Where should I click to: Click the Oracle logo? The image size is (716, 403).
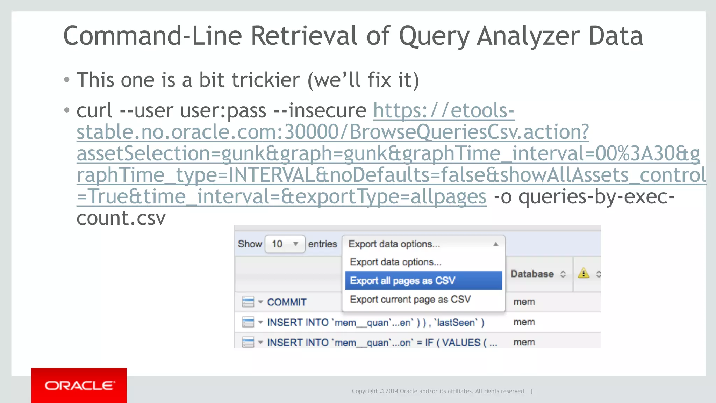pos(79,386)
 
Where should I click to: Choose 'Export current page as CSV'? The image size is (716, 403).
pos(410,300)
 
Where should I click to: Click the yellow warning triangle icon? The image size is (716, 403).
pos(583,273)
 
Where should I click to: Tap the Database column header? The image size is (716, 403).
pos(532,274)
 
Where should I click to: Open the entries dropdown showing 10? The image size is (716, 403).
pos(285,244)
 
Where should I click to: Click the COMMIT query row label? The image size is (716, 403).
pos(287,302)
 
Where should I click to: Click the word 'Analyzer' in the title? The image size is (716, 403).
pos(528,36)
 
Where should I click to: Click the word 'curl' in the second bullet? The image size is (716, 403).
pos(94,110)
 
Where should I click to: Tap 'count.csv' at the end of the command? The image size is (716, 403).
pos(121,218)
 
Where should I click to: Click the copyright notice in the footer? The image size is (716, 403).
pos(438,391)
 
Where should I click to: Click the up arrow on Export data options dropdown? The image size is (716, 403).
pos(495,244)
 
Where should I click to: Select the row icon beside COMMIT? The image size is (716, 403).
pos(248,302)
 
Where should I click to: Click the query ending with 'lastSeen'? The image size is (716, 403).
pos(375,322)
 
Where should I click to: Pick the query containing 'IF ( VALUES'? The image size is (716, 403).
pos(382,343)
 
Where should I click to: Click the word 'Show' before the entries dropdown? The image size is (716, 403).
pos(250,244)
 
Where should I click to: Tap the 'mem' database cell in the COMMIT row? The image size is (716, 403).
pos(524,302)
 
